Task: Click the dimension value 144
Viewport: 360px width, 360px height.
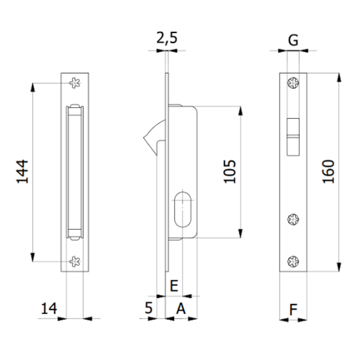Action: pos(22,172)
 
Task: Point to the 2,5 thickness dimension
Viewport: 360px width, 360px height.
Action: pos(167,38)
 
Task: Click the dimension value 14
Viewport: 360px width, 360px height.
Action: pos(49,309)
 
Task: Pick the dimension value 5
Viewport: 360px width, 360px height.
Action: pos(149,309)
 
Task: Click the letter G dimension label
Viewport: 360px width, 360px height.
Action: pos(293,41)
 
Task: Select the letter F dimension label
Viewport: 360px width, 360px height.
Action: pos(293,310)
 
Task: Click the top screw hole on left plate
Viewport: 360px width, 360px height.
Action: pos(75,83)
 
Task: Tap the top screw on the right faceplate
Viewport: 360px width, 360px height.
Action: pos(293,83)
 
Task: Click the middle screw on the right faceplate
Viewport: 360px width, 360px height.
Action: pos(293,219)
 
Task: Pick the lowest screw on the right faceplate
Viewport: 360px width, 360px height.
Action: pos(293,261)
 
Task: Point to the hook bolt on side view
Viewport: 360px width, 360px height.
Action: pos(151,136)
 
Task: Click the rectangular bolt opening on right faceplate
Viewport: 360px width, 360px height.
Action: pos(293,136)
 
